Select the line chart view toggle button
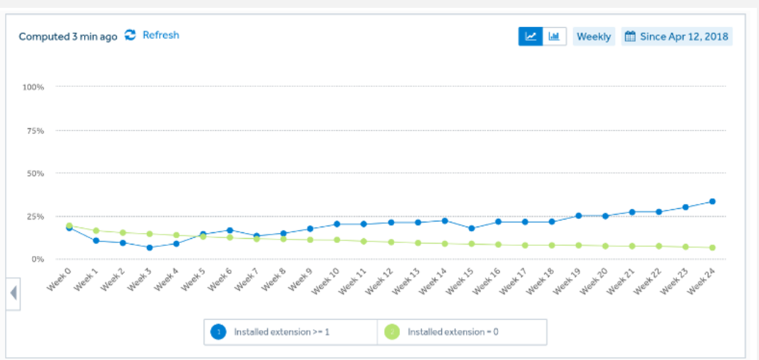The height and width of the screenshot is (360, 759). [530, 36]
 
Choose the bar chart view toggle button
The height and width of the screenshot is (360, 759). [554, 36]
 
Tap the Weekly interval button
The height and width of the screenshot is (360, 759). [594, 36]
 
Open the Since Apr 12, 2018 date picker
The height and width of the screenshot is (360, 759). [677, 36]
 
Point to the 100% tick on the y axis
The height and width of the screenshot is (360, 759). [33, 87]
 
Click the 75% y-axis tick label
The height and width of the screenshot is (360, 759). [36, 130]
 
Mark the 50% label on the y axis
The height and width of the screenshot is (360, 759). [36, 173]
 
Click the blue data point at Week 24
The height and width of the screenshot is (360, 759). [712, 201]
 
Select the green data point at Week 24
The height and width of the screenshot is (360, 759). [712, 248]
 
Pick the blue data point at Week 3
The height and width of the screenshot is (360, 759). [150, 247]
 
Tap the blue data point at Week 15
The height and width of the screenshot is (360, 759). [472, 228]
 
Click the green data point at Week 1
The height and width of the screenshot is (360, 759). [95, 231]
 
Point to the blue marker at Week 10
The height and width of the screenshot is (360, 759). [337, 224]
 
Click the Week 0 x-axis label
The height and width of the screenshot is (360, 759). [59, 279]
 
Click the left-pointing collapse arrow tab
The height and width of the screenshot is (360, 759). [13, 293]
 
